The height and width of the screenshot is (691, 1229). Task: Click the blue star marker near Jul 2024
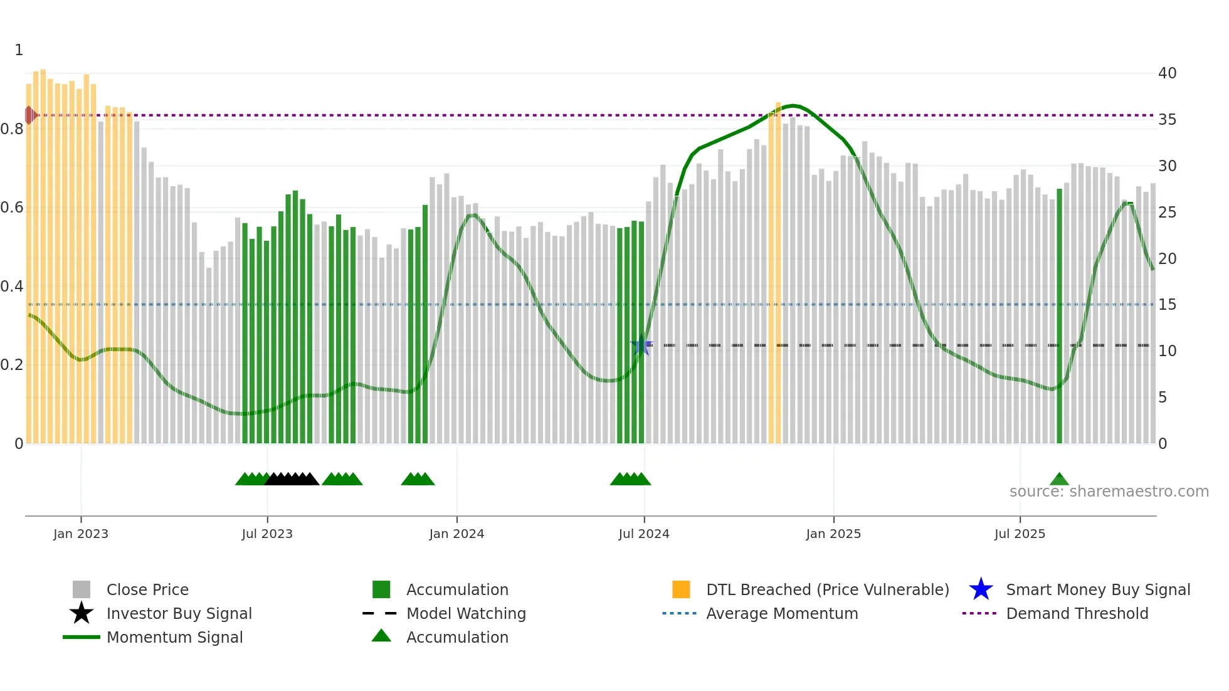coord(641,345)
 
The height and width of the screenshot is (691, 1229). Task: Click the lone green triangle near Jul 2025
coord(1059,480)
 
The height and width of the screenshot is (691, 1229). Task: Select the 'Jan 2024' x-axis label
coord(456,534)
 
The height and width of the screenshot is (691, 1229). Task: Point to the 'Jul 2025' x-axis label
coord(1020,534)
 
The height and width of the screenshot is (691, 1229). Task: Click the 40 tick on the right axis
coord(1167,73)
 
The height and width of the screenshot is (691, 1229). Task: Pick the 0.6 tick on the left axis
coord(12,208)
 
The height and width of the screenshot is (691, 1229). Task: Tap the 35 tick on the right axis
coord(1167,120)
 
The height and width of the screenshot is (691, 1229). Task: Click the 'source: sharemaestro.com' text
coord(1109,492)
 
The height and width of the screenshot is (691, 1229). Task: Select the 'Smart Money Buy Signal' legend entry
coord(1097,589)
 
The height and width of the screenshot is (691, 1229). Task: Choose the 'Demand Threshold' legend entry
coord(1077,613)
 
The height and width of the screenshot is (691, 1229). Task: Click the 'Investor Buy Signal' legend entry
coord(179,613)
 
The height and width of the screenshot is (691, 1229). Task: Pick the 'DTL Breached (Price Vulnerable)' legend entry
coord(827,589)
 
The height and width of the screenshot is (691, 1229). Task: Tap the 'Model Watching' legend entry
coord(465,613)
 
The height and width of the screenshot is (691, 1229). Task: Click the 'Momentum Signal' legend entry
coord(174,637)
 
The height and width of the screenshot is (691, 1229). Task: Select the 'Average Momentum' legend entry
coord(781,613)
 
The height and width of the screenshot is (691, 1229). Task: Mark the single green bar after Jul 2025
coord(1060,317)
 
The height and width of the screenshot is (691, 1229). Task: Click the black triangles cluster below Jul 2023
coord(292,480)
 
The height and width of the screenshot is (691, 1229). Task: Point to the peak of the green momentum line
coord(793,105)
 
